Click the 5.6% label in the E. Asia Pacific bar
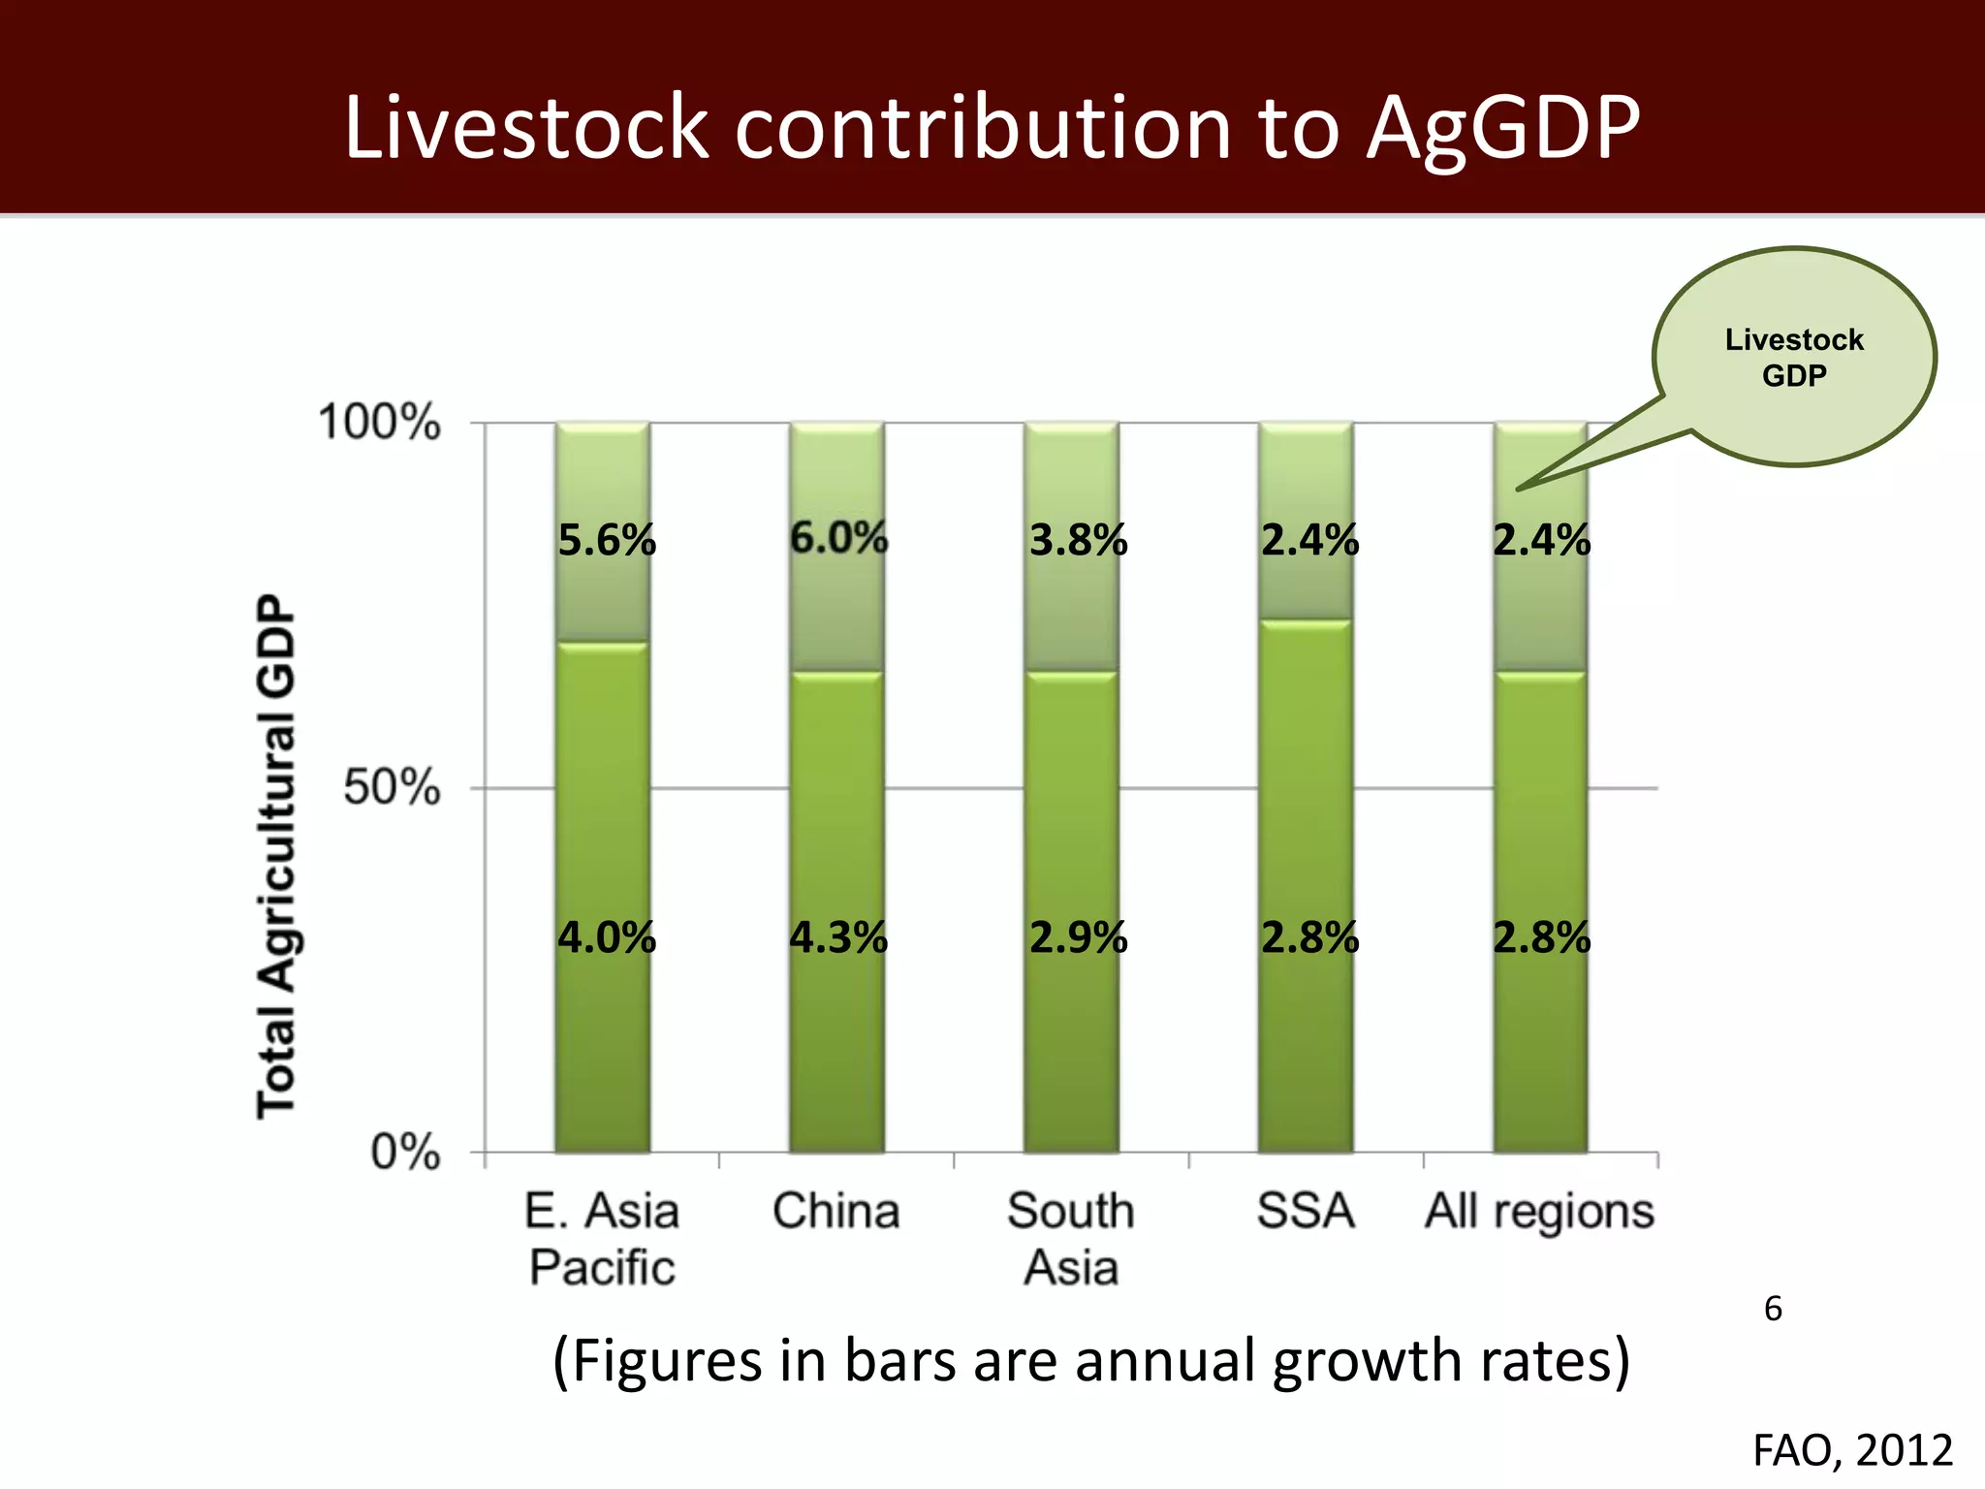[x=607, y=540]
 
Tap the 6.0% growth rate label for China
[x=838, y=537]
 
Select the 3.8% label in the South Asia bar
[x=1078, y=540]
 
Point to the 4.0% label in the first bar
[x=607, y=937]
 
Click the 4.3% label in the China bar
[x=838, y=937]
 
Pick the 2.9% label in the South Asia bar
[x=1078, y=937]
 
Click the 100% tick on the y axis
[x=379, y=423]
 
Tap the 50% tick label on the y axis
[x=392, y=787]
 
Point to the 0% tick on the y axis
[x=405, y=1153]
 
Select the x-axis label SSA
[x=1305, y=1211]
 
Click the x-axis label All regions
[x=1539, y=1211]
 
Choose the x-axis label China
[x=835, y=1211]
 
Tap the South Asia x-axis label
[x=1071, y=1239]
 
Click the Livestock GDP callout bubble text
[x=1794, y=357]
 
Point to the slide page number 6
[x=1773, y=1309]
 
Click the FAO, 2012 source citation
[x=1852, y=1450]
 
